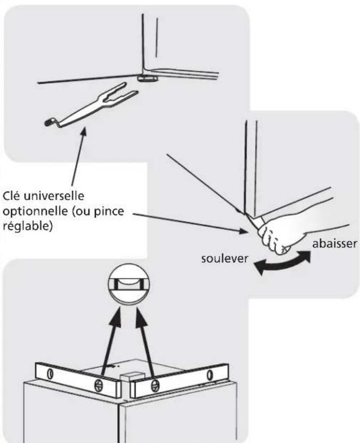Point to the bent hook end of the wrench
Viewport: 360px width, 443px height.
(x=51, y=123)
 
